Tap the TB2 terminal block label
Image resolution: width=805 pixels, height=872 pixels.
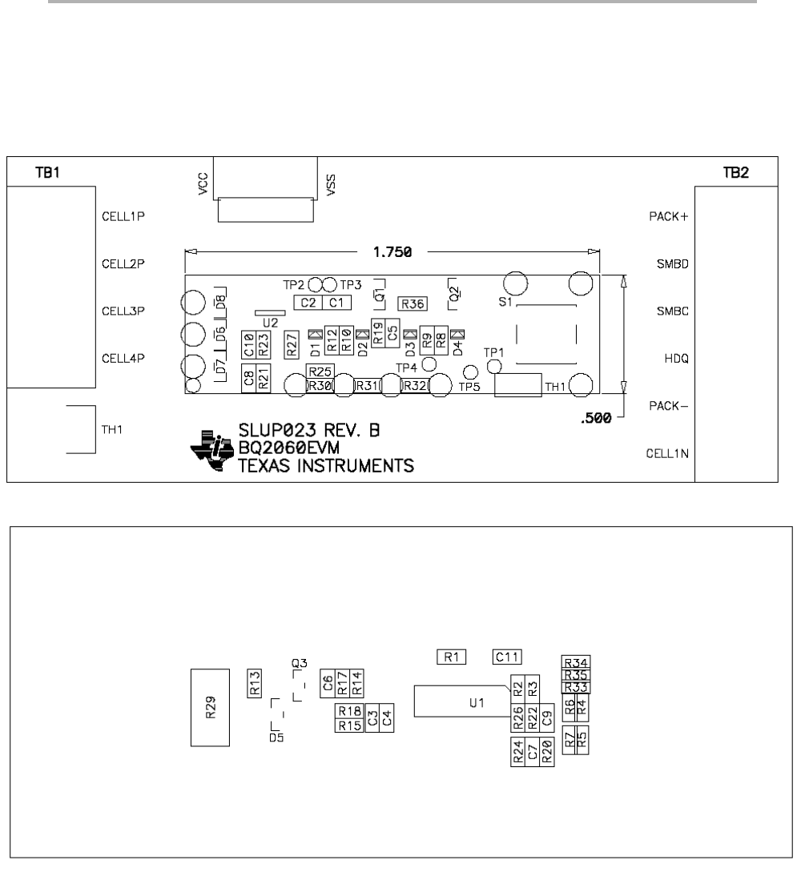click(x=735, y=173)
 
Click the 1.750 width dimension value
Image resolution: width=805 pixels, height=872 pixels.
click(x=392, y=252)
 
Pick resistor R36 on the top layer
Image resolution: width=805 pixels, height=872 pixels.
click(x=413, y=303)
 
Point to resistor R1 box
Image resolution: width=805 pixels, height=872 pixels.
click(x=451, y=657)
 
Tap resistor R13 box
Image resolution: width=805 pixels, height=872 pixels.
click(x=255, y=683)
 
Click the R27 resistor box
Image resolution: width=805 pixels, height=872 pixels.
click(x=292, y=342)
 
